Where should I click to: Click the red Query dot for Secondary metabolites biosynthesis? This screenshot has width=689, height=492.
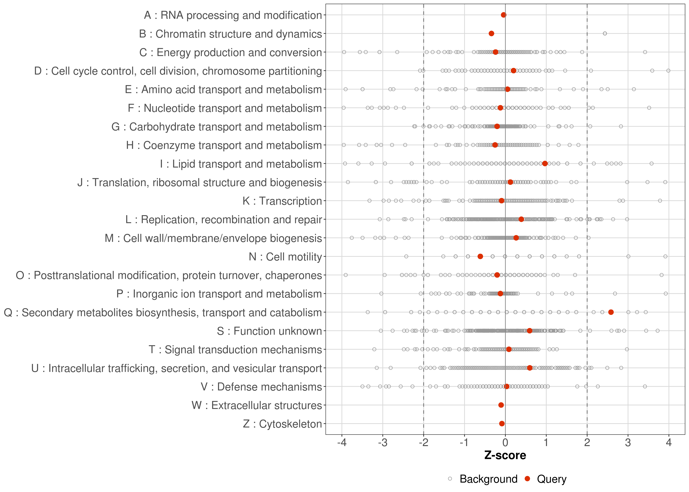(611, 312)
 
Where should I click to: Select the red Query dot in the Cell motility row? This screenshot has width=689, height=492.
(480, 256)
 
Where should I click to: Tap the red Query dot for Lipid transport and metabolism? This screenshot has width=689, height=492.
(545, 164)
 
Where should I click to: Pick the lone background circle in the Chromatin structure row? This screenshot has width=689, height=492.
(605, 33)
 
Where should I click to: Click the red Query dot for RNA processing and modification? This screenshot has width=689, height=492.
(504, 15)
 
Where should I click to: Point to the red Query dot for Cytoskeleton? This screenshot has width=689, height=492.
(502, 424)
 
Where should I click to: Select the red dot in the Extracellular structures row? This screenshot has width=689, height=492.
(501, 405)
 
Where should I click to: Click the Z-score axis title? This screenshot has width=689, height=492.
(505, 455)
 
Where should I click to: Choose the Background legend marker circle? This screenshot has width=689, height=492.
(450, 479)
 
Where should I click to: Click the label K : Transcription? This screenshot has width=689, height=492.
(282, 201)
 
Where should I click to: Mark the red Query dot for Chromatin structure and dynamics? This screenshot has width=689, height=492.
(491, 33)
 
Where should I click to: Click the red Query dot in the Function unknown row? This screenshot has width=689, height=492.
(529, 330)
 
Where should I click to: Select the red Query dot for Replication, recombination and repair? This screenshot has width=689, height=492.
(521, 219)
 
